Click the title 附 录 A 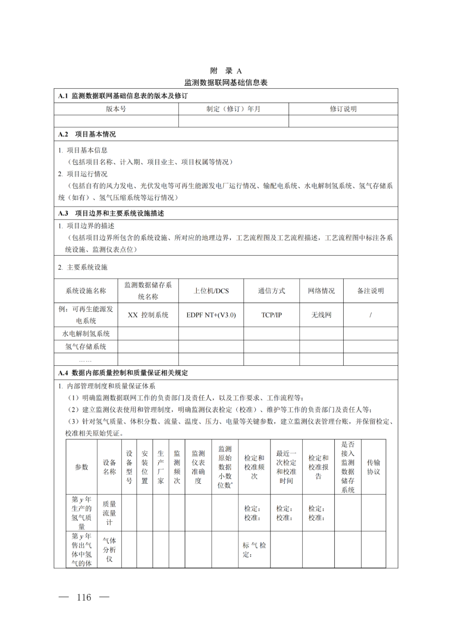tap(226, 71)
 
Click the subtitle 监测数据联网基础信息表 tap(226, 82)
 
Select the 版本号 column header tap(116, 109)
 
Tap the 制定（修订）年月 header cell tap(233, 109)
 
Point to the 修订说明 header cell tap(343, 109)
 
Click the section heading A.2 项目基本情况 tap(87, 134)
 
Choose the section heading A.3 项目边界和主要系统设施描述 tap(111, 213)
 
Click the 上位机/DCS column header tap(211, 291)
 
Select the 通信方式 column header tap(272, 291)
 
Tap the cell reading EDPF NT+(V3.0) tap(211, 315)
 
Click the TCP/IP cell tap(272, 315)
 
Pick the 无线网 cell tap(321, 315)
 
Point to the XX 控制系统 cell tap(148, 315)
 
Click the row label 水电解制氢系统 tap(86, 334)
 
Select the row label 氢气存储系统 tap(86, 346)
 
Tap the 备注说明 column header tap(370, 291)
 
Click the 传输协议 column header tap(373, 467)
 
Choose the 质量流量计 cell tap(109, 513)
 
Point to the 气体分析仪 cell tap(109, 549)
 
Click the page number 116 tap(84, 597)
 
